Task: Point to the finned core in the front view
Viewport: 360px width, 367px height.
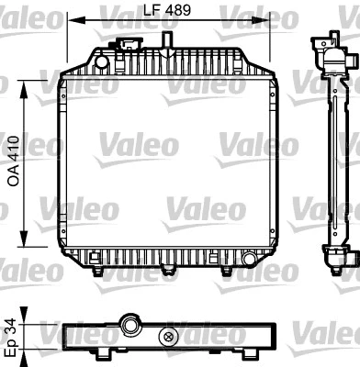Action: [167, 165]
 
